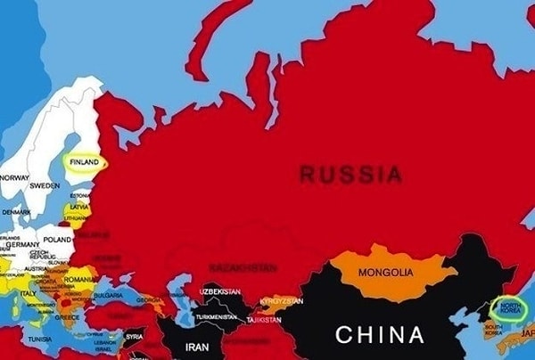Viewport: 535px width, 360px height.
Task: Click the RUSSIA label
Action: click(350, 174)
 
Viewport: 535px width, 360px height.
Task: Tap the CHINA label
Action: click(380, 335)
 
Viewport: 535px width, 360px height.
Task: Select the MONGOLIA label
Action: click(385, 272)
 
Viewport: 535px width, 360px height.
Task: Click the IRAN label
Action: click(197, 347)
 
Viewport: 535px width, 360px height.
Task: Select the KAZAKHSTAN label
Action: click(243, 266)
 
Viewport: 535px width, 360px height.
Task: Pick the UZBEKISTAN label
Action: click(219, 291)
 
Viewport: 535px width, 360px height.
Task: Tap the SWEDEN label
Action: click(45, 187)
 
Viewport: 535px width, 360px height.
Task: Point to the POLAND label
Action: click(56, 240)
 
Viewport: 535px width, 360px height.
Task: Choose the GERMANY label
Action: click(23, 245)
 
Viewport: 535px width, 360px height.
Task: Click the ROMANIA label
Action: click(79, 279)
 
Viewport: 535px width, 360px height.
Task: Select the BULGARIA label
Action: click(108, 295)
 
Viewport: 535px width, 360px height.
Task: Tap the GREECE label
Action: click(66, 316)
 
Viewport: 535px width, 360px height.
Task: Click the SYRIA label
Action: click(134, 336)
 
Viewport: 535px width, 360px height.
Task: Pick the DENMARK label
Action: click(16, 212)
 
